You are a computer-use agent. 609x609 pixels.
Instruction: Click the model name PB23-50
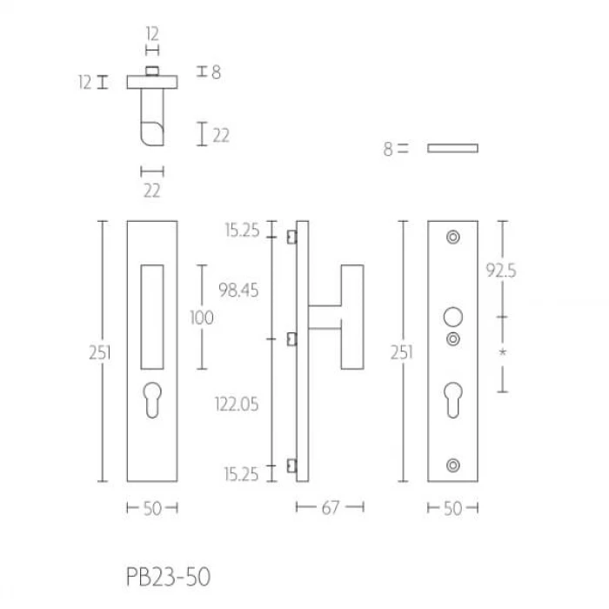[x=168, y=577]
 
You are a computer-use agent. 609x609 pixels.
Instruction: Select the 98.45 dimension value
[x=238, y=290]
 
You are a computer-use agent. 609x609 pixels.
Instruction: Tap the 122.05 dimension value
[x=237, y=405]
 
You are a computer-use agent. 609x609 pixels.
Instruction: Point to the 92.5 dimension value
[x=501, y=271]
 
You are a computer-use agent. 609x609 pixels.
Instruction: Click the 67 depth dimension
[x=331, y=507]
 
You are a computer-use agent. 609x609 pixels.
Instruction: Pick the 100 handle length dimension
[x=202, y=318]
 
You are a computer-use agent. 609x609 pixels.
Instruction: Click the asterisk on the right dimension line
[x=503, y=352]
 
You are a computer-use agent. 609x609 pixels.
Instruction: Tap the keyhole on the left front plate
[x=152, y=400]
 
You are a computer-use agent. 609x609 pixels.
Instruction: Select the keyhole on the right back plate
[x=453, y=400]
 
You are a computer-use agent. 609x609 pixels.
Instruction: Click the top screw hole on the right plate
[x=453, y=237]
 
